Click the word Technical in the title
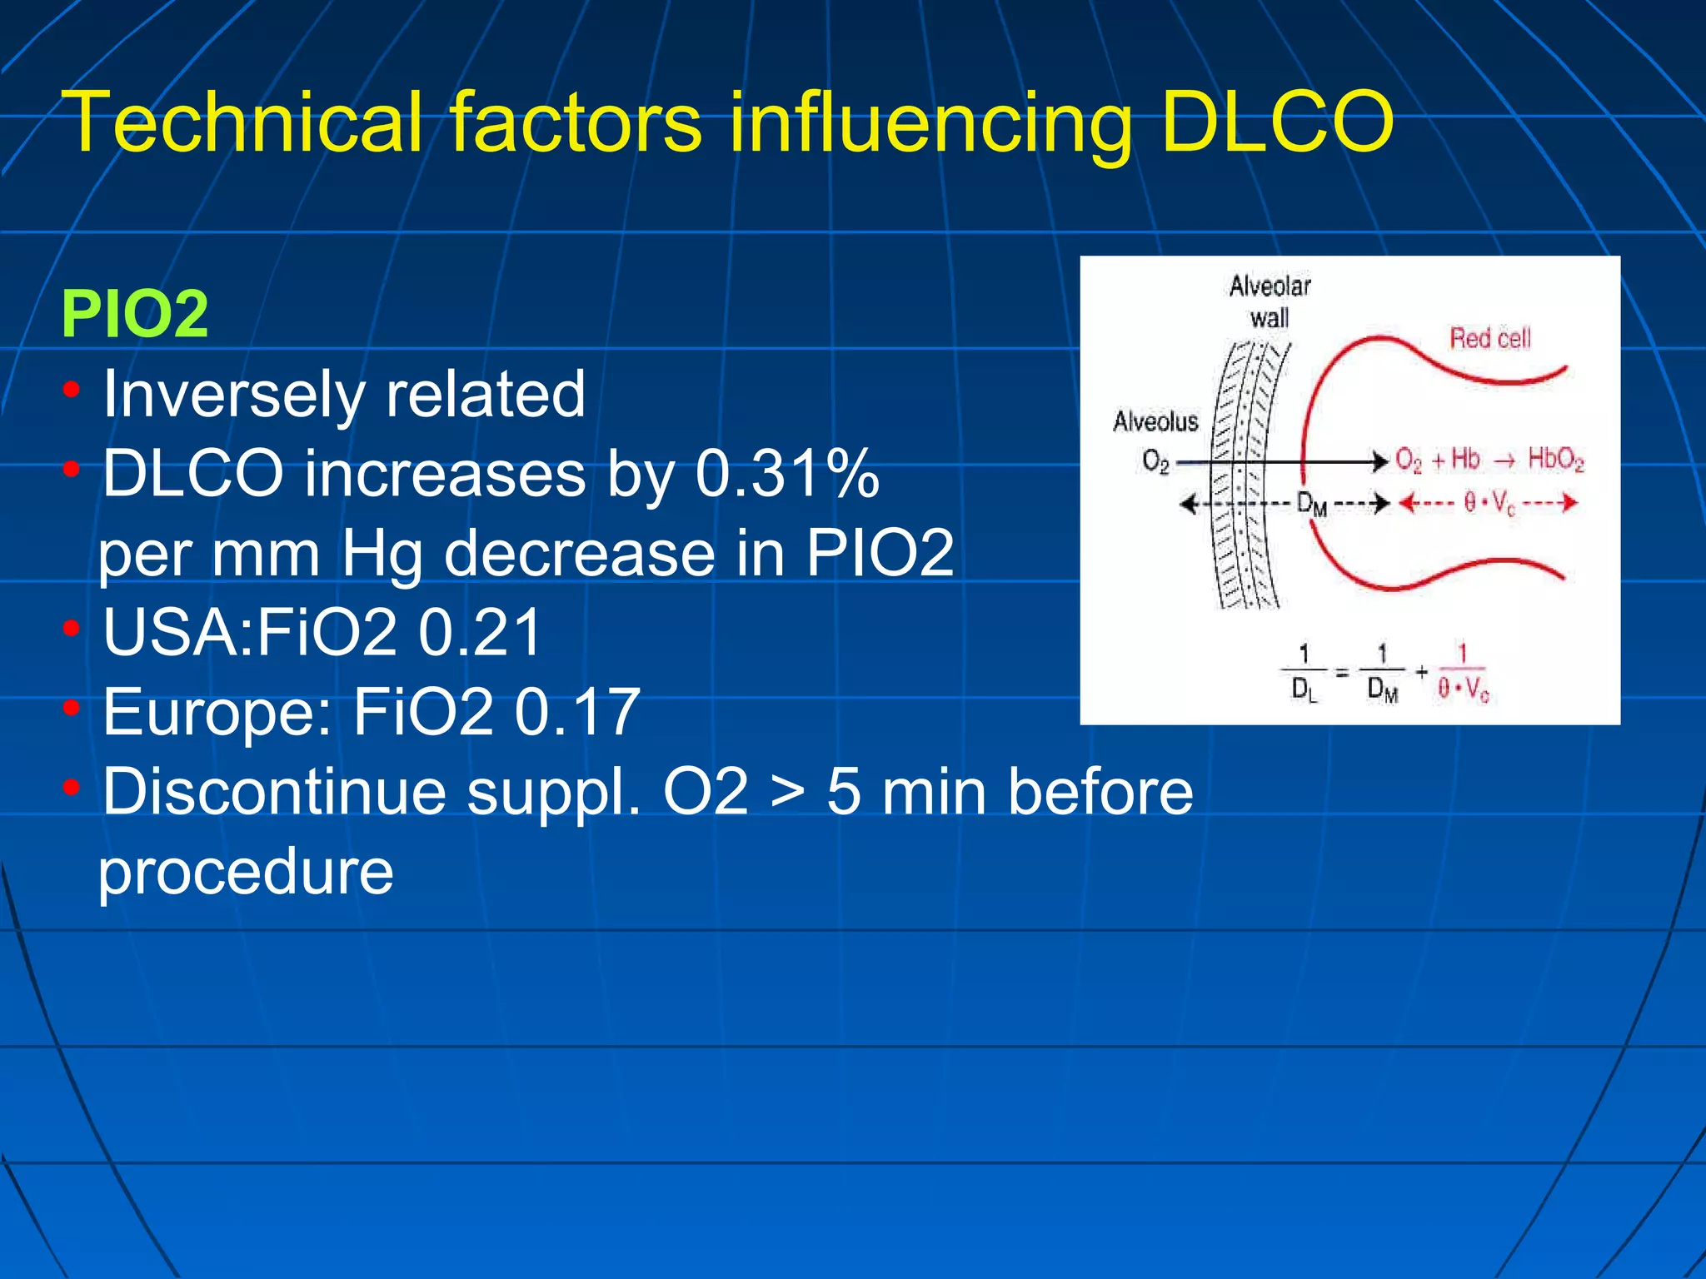coord(242,123)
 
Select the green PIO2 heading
coord(135,314)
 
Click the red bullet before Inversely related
coord(72,390)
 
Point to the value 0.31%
coord(787,474)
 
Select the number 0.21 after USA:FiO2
coord(481,633)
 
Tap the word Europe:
coord(217,713)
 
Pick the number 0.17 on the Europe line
coord(577,713)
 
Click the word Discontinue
coord(274,792)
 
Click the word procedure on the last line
coord(246,872)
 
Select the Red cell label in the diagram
coord(1490,338)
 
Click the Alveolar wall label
coord(1270,301)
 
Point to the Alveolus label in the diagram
coord(1155,421)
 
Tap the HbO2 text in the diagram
coord(1555,460)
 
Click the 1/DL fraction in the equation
coord(1304,672)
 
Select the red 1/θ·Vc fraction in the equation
coord(1462,673)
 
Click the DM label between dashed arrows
coord(1312,504)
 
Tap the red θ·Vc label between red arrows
coord(1490,504)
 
